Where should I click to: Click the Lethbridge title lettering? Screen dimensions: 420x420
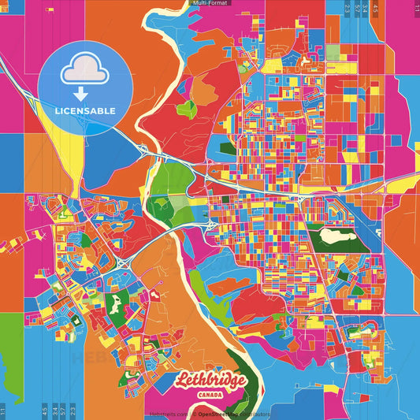210,381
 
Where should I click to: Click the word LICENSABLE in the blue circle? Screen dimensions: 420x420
85,110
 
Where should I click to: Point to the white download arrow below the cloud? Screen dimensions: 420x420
81,94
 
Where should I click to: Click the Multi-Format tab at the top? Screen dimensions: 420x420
210,3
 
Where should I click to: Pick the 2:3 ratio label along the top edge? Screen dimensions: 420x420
348,8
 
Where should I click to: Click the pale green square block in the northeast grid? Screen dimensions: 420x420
333,53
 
